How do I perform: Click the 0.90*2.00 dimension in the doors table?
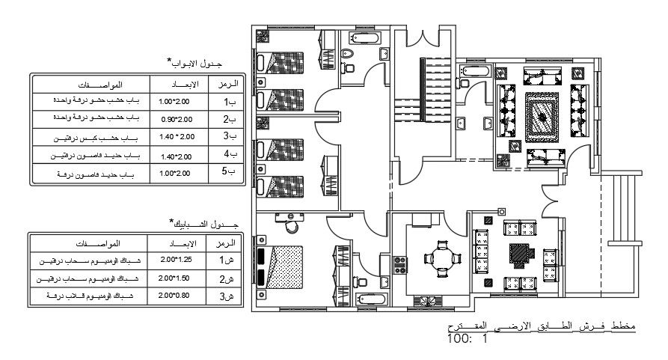coord(177,119)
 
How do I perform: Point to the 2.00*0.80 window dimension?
coord(177,297)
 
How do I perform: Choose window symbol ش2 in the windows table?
coord(226,279)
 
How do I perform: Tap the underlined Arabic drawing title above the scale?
coord(534,327)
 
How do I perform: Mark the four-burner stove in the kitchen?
coord(400,264)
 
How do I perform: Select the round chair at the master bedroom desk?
coord(292,225)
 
